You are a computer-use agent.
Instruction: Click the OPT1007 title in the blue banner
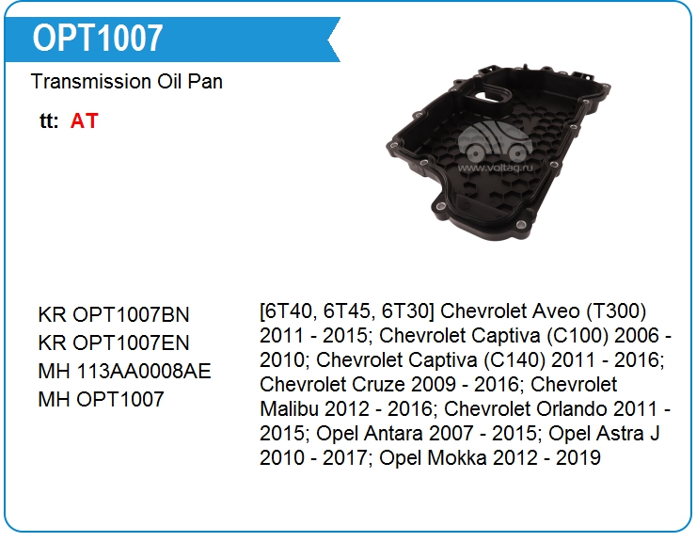coord(98,39)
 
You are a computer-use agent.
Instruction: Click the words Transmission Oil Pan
coord(127,82)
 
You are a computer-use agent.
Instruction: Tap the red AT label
coord(84,120)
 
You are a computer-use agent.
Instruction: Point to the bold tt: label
coord(49,120)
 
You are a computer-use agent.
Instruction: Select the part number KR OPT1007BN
coord(114,314)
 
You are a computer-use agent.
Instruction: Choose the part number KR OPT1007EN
coord(114,343)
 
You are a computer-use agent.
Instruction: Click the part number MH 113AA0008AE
coord(124,371)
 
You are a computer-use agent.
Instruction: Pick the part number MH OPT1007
coord(102,399)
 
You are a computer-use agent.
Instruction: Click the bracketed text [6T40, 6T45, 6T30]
coord(347,311)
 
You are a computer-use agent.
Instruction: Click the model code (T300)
coord(616,311)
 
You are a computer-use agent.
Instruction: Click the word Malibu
coord(289,409)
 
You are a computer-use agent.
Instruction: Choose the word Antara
coord(393,434)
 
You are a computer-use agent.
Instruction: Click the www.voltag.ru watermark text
coord(495,167)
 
